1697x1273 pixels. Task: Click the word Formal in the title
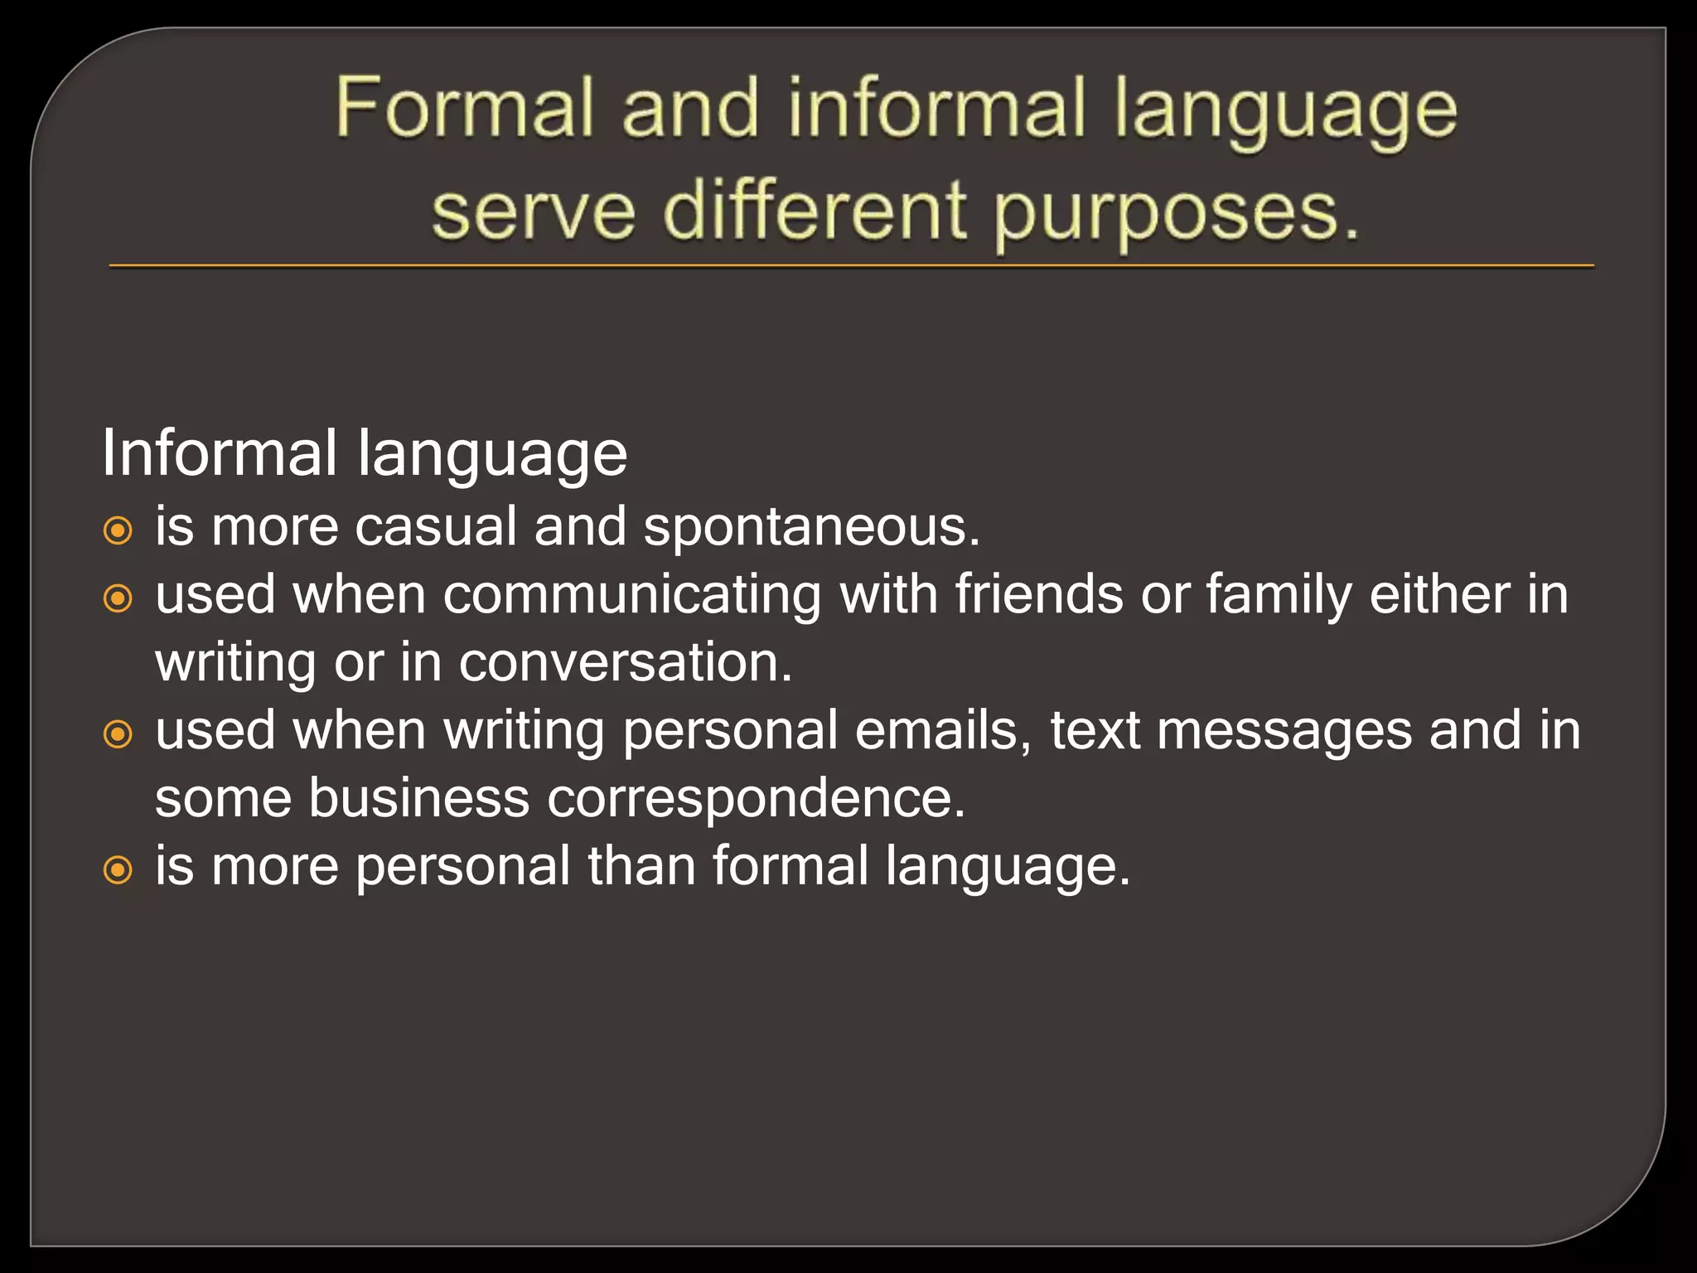465,108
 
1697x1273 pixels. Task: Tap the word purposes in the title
1177,212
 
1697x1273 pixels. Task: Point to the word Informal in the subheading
220,453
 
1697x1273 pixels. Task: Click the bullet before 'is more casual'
118,530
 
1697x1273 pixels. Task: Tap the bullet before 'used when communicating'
118,598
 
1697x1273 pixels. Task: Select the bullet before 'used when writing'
118,733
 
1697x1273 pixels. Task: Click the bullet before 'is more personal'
118,869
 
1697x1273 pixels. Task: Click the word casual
436,527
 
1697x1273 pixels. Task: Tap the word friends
1039,595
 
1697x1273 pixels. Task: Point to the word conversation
626,663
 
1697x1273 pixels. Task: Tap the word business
418,799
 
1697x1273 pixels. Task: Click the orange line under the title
851,266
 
